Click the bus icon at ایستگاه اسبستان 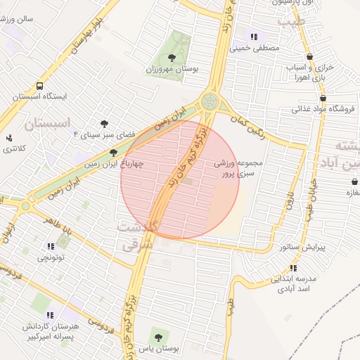[x=39, y=86]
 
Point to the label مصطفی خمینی [x=255, y=49]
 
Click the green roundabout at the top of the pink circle [x=210, y=102]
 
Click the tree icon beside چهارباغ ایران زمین [x=113, y=153]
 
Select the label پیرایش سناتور [x=303, y=247]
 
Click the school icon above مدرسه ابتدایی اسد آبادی [x=293, y=268]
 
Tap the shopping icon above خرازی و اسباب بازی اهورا [x=309, y=56]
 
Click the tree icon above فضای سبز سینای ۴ [x=105, y=124]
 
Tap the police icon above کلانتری [x=9, y=138]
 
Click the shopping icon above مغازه [x=354, y=181]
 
